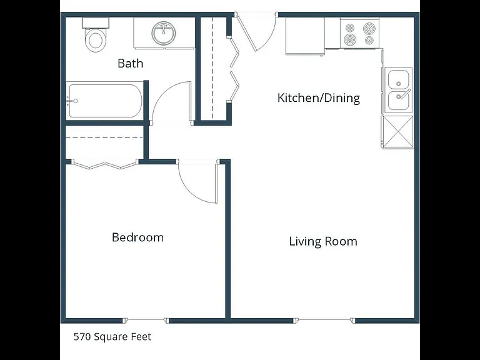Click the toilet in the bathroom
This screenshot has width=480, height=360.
coord(96,35)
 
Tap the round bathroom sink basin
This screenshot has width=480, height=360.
coord(164,32)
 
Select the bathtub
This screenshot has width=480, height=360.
coord(105,101)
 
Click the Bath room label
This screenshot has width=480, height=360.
coord(131,63)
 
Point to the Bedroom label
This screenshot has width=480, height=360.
coord(137,237)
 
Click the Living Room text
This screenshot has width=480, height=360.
coord(323,241)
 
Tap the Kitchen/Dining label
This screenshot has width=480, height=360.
coord(319,98)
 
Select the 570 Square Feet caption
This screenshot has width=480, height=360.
coord(112,337)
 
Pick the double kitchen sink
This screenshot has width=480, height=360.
coord(398,90)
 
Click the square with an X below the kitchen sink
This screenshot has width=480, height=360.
coord(397,132)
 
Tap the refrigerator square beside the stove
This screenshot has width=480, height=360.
coord(305,36)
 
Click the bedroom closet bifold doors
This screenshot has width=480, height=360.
coord(105,164)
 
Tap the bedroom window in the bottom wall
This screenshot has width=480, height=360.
coord(145,320)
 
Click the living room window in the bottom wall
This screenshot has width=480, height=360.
coord(324,320)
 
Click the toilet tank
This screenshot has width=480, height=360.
coord(96,23)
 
